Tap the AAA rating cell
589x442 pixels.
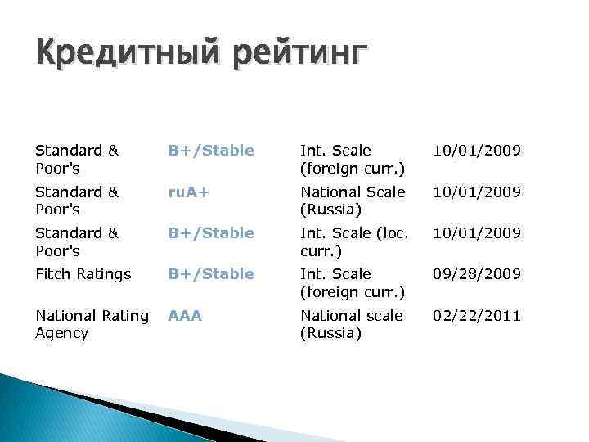(185, 315)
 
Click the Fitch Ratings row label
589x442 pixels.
(83, 274)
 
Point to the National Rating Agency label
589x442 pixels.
(92, 324)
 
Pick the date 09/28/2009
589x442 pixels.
(477, 274)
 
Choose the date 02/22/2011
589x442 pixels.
(477, 315)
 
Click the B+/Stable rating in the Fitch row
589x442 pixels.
(211, 274)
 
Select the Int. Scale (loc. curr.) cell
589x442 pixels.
(354, 241)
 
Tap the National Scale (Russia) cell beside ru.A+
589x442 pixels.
(353, 201)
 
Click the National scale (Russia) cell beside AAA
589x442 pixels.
(352, 324)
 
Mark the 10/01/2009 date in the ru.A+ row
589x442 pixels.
(477, 192)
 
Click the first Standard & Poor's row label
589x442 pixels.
(77, 160)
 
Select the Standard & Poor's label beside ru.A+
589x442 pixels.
(77, 201)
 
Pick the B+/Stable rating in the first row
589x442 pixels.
(211, 151)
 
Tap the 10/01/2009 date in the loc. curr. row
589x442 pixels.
(477, 233)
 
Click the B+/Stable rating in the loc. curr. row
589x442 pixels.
(211, 233)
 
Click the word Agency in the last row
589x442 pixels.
(62, 333)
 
